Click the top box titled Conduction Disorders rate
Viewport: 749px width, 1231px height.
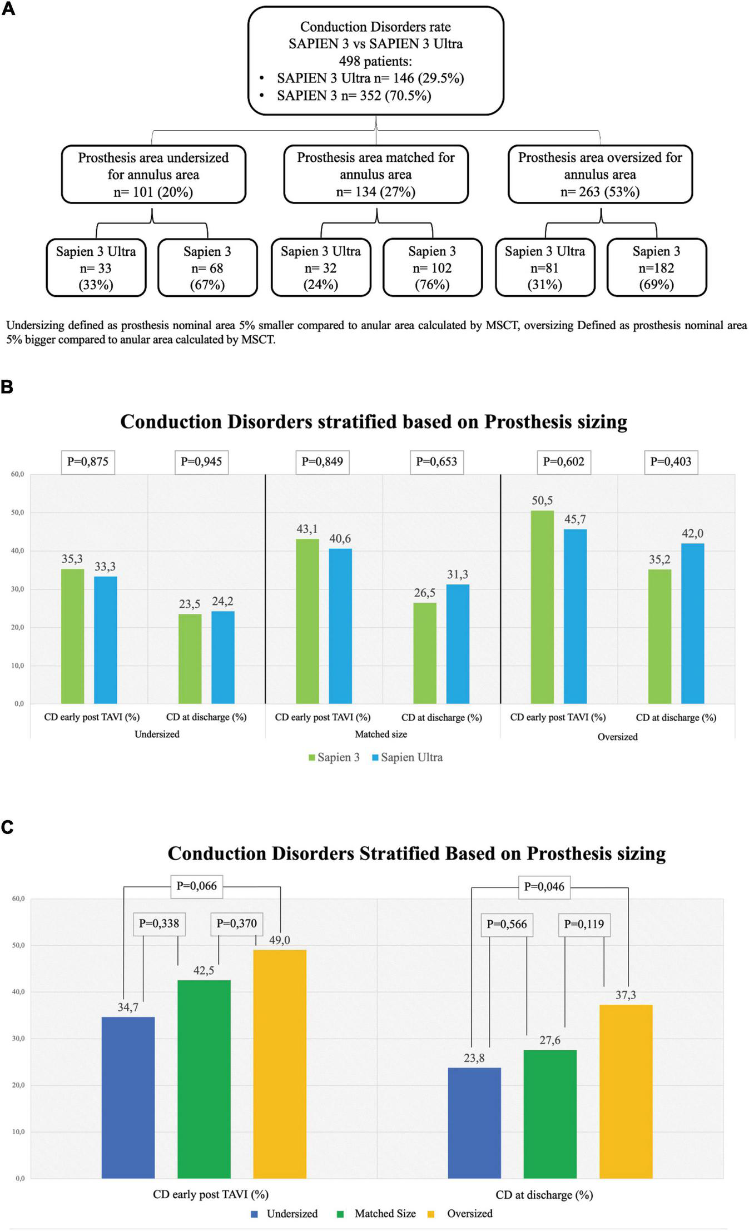pyautogui.click(x=375, y=61)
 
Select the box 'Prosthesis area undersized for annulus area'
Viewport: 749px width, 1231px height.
pyautogui.click(x=153, y=175)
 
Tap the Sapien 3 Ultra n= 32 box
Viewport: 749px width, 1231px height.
pyautogui.click(x=320, y=268)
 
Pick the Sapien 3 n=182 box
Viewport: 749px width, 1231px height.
pyautogui.click(x=656, y=268)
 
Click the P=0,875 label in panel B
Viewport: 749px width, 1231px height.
pyautogui.click(x=88, y=461)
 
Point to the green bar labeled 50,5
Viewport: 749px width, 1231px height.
pyautogui.click(x=542, y=607)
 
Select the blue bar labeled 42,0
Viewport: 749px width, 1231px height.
pyautogui.click(x=692, y=623)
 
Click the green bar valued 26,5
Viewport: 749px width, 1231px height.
pyautogui.click(x=425, y=653)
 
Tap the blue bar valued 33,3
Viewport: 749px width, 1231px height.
pyautogui.click(x=105, y=639)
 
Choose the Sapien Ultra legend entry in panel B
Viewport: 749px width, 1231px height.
pyautogui.click(x=407, y=757)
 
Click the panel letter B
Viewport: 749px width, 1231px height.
pyautogui.click(x=7, y=387)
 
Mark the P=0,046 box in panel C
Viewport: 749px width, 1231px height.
pyautogui.click(x=544, y=886)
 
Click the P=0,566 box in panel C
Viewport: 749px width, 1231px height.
pyautogui.click(x=507, y=924)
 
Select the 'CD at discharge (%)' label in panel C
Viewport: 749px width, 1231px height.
pyautogui.click(x=544, y=1194)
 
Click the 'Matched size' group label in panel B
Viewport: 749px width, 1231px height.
pyautogui.click(x=381, y=734)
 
